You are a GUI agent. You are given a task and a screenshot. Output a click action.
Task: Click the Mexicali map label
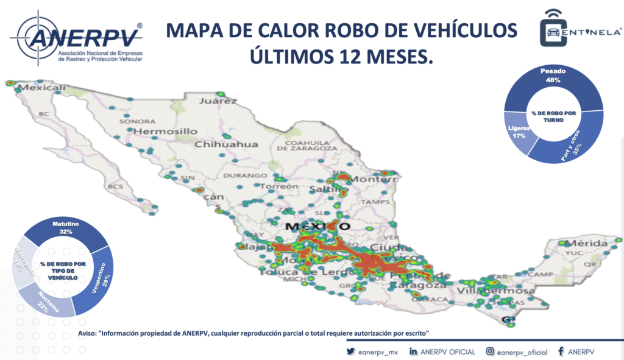click(41, 88)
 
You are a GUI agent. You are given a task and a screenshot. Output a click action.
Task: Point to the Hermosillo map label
click(165, 131)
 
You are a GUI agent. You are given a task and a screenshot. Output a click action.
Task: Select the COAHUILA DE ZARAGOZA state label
click(307, 144)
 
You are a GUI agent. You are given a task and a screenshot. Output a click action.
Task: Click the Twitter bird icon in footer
click(350, 351)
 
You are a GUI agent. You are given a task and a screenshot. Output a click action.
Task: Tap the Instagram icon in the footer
click(490, 351)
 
